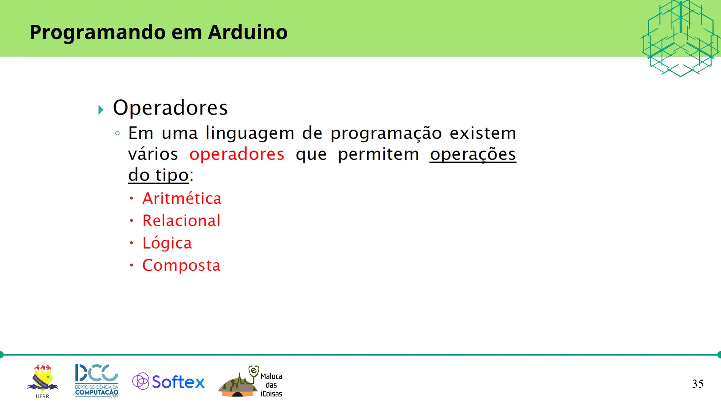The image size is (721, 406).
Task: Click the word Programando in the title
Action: (x=98, y=33)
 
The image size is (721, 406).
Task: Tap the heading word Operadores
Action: (x=170, y=108)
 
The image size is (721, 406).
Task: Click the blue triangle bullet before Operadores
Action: (x=101, y=110)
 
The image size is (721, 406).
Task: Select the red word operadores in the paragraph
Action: (x=237, y=154)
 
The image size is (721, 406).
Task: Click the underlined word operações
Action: (x=472, y=154)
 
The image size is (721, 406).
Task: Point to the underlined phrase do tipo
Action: (x=158, y=175)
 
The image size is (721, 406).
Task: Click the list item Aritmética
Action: (x=182, y=198)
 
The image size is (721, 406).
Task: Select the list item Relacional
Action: (x=181, y=221)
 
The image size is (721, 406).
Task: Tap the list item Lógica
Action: (x=167, y=243)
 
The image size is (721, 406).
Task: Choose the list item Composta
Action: (x=181, y=265)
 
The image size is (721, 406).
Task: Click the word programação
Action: (x=386, y=134)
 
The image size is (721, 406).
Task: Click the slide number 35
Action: (x=697, y=384)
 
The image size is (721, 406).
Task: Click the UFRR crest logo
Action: (x=43, y=379)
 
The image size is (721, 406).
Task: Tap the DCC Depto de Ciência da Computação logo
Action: (x=97, y=381)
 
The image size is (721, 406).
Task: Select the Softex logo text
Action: (x=178, y=382)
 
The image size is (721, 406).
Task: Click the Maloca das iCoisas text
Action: (x=271, y=385)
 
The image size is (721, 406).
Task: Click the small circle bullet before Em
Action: (x=118, y=133)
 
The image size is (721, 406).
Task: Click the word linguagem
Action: (x=250, y=134)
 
